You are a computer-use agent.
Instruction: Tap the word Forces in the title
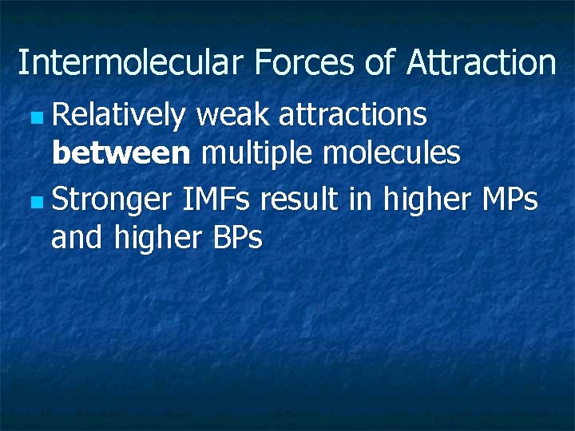click(306, 62)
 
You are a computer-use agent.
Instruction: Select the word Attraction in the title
click(482, 62)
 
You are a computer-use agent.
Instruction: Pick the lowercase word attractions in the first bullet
click(352, 116)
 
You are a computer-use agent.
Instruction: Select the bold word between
click(121, 152)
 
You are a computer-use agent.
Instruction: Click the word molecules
click(391, 152)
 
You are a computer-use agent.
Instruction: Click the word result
click(299, 200)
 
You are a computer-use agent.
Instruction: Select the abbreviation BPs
click(238, 237)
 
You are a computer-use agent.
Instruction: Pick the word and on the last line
click(77, 237)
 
